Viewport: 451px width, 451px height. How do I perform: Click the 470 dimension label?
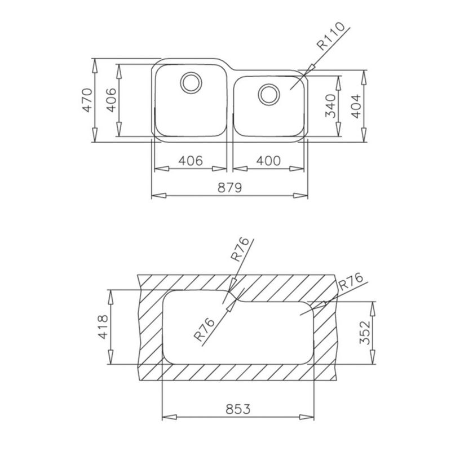point(88,100)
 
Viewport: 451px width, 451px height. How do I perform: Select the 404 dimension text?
point(356,106)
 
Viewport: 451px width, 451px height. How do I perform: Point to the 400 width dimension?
point(268,161)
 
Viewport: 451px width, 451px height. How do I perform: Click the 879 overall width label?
point(230,188)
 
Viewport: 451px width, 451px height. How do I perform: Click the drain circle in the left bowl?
point(191,82)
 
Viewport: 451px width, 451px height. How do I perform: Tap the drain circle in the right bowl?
point(269,94)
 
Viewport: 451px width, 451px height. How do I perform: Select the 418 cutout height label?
point(103,327)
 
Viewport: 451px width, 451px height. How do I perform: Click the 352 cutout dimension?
point(365,333)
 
